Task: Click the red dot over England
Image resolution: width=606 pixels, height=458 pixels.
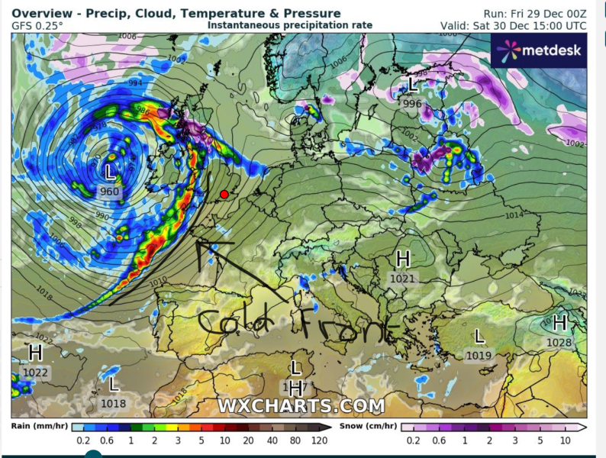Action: pyautogui.click(x=224, y=195)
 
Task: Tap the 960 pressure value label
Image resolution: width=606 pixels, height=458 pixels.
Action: pyautogui.click(x=110, y=192)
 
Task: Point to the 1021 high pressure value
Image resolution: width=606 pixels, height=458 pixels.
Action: pyautogui.click(x=403, y=279)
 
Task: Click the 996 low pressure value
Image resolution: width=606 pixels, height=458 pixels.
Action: pyautogui.click(x=412, y=104)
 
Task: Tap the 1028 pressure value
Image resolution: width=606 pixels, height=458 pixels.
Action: pyautogui.click(x=559, y=343)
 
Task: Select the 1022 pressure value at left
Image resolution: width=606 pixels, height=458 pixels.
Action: pyautogui.click(x=35, y=373)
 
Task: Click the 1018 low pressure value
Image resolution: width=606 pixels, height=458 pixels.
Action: pyautogui.click(x=113, y=403)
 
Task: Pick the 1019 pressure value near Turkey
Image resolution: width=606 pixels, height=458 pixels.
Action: pyautogui.click(x=479, y=355)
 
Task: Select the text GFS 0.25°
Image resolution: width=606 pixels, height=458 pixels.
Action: pyautogui.click(x=37, y=25)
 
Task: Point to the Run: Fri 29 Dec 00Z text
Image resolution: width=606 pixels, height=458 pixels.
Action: pyautogui.click(x=535, y=14)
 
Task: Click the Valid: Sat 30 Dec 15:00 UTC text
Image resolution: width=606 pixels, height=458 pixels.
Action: pyautogui.click(x=514, y=25)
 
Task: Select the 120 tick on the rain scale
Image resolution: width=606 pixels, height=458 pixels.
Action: pyautogui.click(x=321, y=440)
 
